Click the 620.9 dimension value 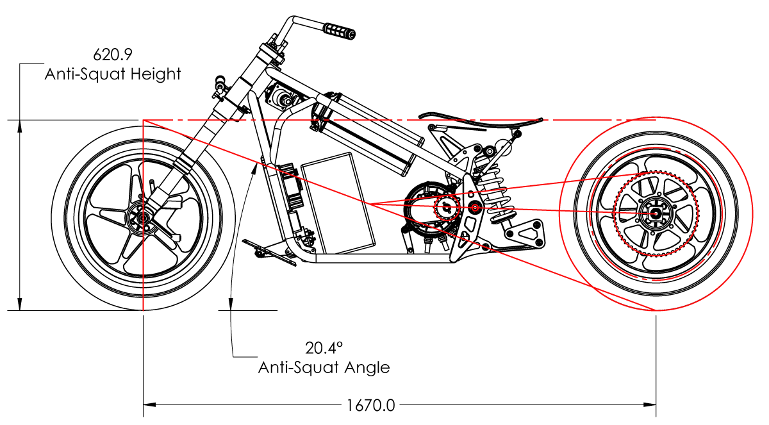(x=113, y=54)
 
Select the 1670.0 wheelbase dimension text (x=371, y=405)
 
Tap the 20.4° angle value (x=324, y=348)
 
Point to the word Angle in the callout (x=367, y=368)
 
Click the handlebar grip (x=340, y=31)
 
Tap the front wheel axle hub (x=143, y=218)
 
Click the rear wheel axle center (x=656, y=213)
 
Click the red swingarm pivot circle (x=475, y=207)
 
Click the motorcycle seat (x=481, y=119)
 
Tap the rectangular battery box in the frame (x=338, y=204)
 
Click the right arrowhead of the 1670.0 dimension (x=650, y=404)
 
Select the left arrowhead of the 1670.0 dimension (x=150, y=404)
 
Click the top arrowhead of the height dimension (x=20, y=126)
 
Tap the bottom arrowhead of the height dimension (x=20, y=304)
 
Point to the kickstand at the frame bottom (x=270, y=253)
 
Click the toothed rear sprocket (x=656, y=213)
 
